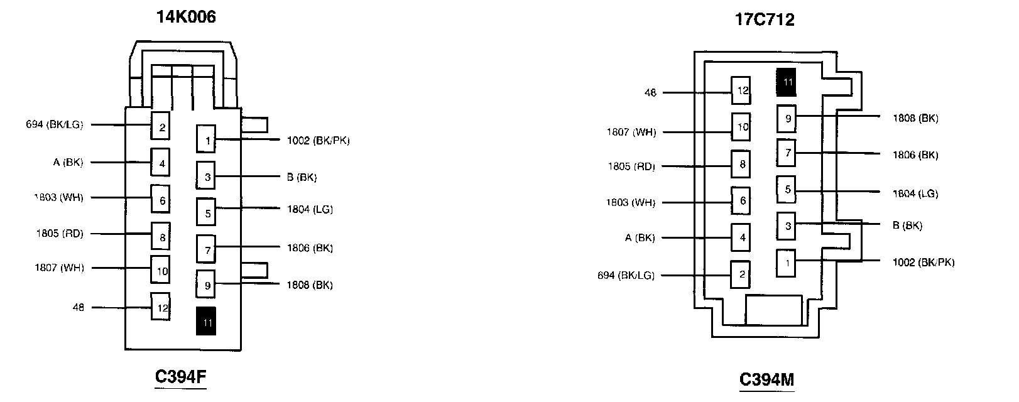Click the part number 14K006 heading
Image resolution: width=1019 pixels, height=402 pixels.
click(x=186, y=17)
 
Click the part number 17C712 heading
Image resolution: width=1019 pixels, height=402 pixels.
click(x=765, y=19)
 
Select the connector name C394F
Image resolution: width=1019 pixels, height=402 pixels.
click(x=181, y=377)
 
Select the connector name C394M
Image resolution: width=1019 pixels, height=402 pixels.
click(x=766, y=379)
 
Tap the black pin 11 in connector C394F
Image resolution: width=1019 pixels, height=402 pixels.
click(x=206, y=321)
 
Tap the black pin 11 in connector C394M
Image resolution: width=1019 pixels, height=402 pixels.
click(x=787, y=82)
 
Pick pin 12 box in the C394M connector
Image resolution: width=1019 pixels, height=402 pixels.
click(x=741, y=90)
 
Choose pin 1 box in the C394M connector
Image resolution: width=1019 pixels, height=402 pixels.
click(x=787, y=263)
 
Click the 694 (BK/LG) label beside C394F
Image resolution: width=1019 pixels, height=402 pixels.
click(x=55, y=124)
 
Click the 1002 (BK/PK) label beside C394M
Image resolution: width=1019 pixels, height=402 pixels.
click(x=924, y=262)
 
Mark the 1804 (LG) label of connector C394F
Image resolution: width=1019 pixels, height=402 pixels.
click(x=310, y=209)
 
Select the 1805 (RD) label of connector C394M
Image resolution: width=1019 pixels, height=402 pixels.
click(x=631, y=166)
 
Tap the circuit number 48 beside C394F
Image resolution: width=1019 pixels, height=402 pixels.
click(x=79, y=308)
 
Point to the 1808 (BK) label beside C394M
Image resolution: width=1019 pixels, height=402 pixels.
click(x=915, y=118)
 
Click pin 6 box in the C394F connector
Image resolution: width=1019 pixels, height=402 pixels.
click(x=161, y=199)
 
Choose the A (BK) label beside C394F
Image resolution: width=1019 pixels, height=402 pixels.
click(x=68, y=163)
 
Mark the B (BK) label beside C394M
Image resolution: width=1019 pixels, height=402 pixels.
click(x=907, y=225)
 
